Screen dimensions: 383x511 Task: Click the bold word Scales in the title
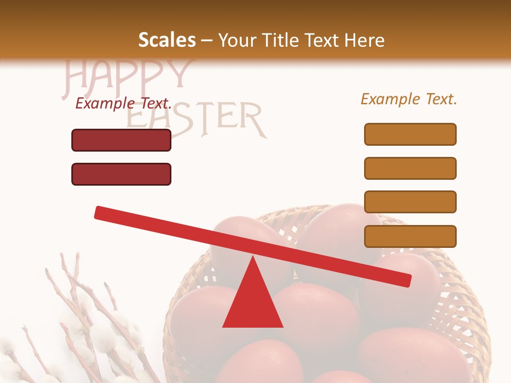[x=167, y=40]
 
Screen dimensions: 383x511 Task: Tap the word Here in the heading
[x=365, y=40]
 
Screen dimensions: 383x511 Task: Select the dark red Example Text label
[x=123, y=103]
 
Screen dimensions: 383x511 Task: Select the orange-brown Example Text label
[x=409, y=99]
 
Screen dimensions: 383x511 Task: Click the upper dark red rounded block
[x=121, y=140]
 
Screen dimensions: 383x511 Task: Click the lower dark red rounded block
[x=121, y=174]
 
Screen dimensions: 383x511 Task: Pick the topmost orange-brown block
[x=410, y=134]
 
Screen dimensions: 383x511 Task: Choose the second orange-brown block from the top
[x=410, y=168]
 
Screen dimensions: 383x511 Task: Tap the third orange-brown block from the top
[x=410, y=202]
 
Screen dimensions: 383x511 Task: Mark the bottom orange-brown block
[x=410, y=236]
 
